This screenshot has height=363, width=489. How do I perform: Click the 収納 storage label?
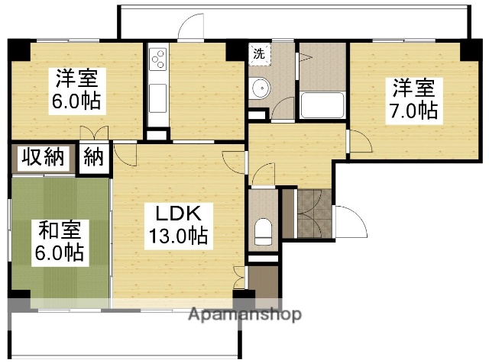click(41, 158)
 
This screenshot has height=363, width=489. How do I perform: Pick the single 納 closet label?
click(94, 158)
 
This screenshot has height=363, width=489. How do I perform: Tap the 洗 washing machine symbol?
click(259, 53)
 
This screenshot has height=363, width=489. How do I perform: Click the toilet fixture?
click(264, 230)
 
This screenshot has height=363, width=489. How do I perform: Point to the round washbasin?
click(260, 88)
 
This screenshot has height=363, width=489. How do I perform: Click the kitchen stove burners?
click(159, 58)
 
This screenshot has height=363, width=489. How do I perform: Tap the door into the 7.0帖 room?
click(355, 143)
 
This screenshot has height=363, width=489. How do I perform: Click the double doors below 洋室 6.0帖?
click(98, 133)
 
